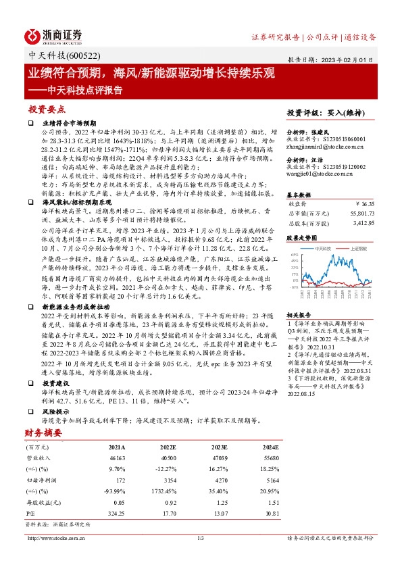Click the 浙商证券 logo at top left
pyautogui.click(x=53, y=36)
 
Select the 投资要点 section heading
pyautogui.click(x=47, y=108)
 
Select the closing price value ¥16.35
pyautogui.click(x=364, y=203)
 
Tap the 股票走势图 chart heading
pyautogui.click(x=300, y=239)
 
